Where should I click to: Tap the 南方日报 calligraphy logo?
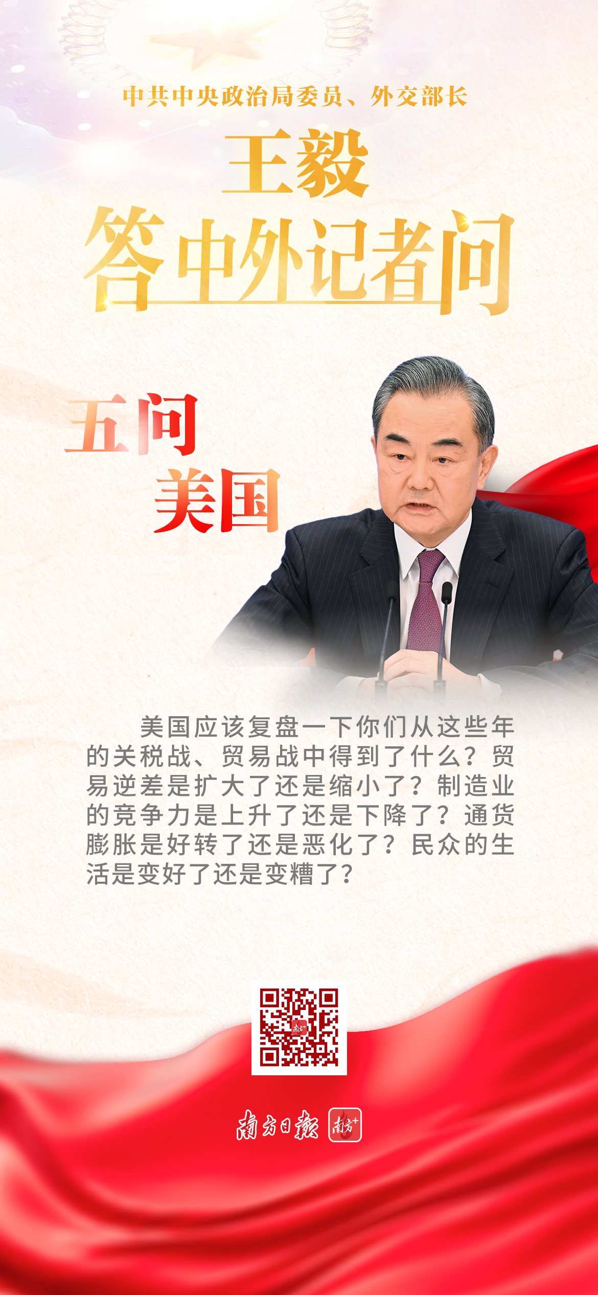(x=278, y=1125)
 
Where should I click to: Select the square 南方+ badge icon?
(x=345, y=1125)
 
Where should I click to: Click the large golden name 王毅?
(x=296, y=163)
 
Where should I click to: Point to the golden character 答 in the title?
(x=125, y=258)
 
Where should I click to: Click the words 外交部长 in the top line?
(x=419, y=96)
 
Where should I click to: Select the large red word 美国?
(x=217, y=501)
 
